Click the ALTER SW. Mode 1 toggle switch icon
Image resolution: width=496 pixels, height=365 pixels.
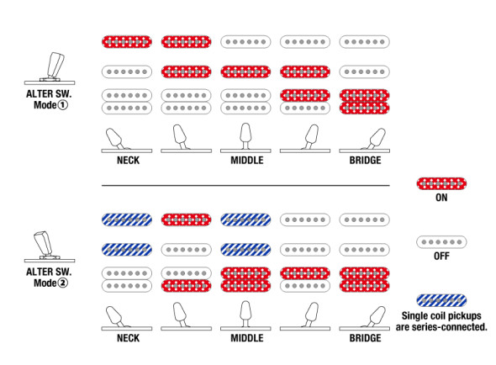tap(50, 68)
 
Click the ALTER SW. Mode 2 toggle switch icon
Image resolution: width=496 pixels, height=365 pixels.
tap(50, 246)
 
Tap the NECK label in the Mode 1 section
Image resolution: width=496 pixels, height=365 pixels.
tap(128, 160)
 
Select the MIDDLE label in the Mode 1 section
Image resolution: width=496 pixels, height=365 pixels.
tap(246, 160)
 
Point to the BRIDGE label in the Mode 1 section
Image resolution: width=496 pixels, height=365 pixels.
tap(365, 160)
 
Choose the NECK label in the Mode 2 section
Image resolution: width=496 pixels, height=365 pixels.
tap(128, 338)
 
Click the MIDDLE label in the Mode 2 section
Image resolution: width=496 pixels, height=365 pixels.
tap(246, 338)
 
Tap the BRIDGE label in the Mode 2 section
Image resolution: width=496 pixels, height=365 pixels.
tap(365, 338)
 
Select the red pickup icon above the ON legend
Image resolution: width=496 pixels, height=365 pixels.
tap(441, 183)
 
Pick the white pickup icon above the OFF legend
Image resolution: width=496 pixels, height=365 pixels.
tap(441, 242)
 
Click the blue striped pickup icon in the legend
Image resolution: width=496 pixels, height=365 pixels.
tap(441, 300)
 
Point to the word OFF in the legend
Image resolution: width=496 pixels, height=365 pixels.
tap(441, 256)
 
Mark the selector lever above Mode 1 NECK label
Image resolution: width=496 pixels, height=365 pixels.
tap(115, 139)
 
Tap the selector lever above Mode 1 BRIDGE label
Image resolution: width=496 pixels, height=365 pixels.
tap(376, 139)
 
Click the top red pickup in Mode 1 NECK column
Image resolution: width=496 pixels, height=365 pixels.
tap(127, 42)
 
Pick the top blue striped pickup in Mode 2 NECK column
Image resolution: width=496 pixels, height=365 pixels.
tap(127, 220)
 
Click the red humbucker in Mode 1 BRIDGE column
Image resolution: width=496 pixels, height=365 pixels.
tap(364, 102)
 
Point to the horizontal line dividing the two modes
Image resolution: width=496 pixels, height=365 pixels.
tap(245, 186)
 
